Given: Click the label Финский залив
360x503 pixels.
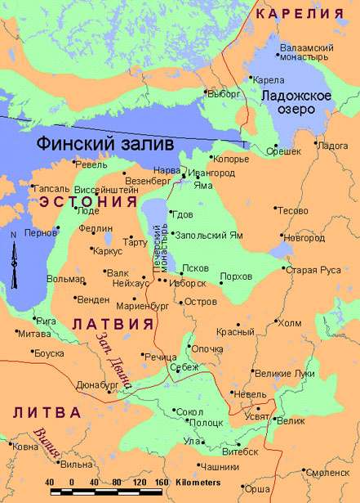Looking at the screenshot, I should pos(105,143).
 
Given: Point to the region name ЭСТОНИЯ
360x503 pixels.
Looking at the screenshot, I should pos(87,200).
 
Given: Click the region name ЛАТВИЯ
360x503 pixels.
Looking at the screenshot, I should pos(113,324).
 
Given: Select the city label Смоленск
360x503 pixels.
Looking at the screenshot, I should pos(329,472).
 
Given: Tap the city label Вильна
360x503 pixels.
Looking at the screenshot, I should pos(77,465).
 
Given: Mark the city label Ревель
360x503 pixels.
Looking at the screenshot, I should pos(91,164).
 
